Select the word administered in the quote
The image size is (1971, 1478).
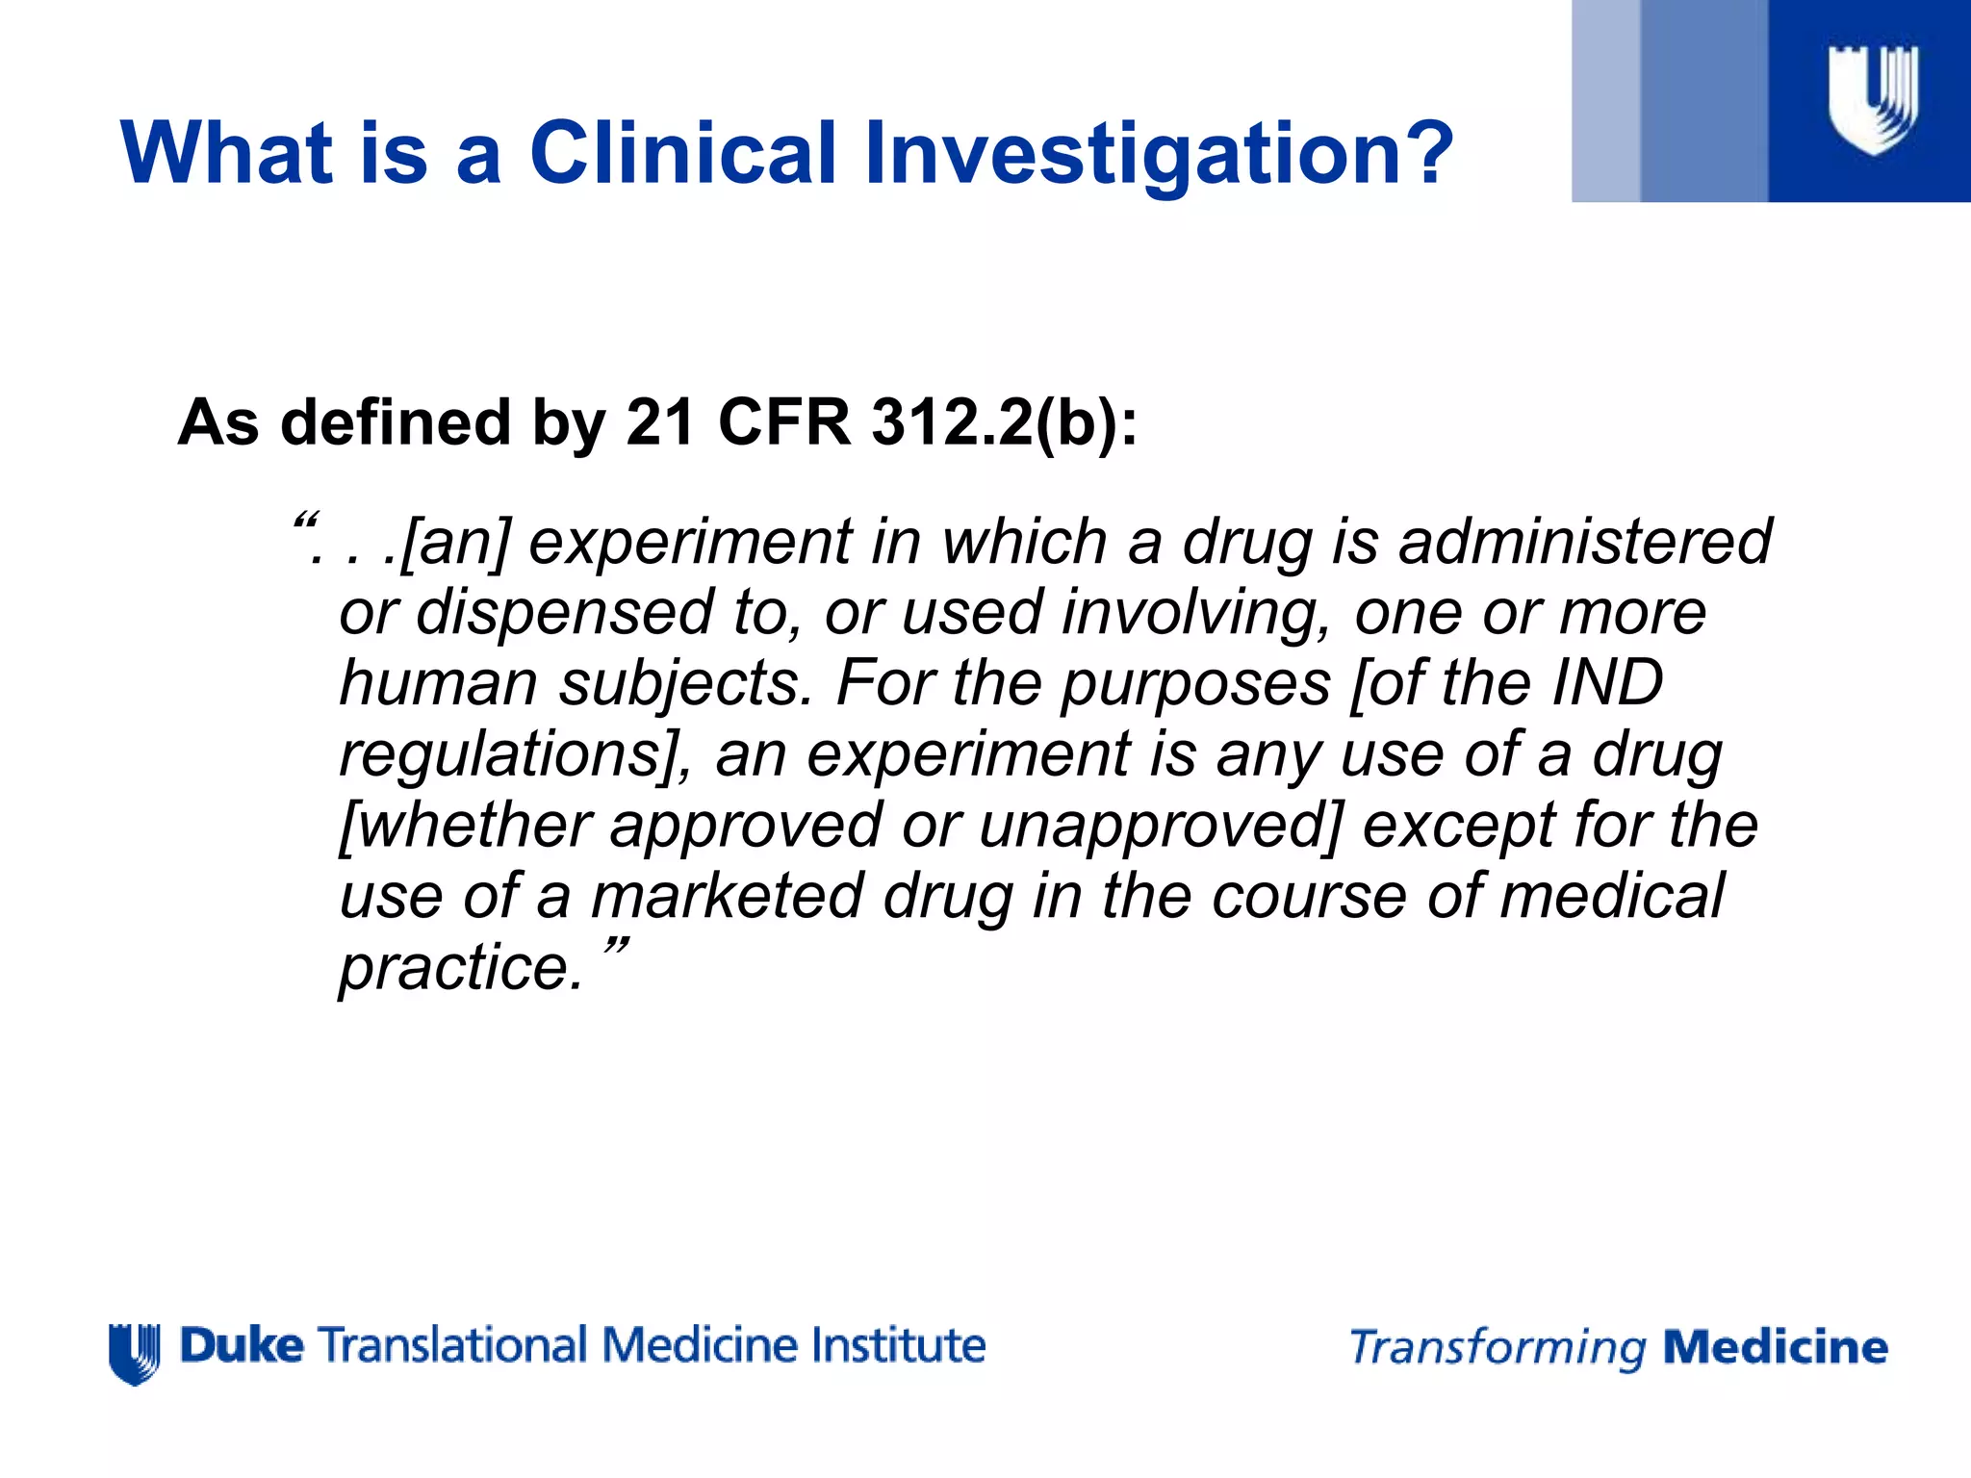pos(1584,541)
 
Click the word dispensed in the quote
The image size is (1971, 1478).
pos(564,612)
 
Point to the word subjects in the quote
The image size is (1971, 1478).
pos(679,683)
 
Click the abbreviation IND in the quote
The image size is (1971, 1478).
pos(1607,682)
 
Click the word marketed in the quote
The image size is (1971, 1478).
pos(727,895)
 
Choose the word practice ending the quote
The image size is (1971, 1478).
pos(460,966)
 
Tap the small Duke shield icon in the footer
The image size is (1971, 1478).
pos(135,1353)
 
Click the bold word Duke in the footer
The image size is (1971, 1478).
pos(242,1345)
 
